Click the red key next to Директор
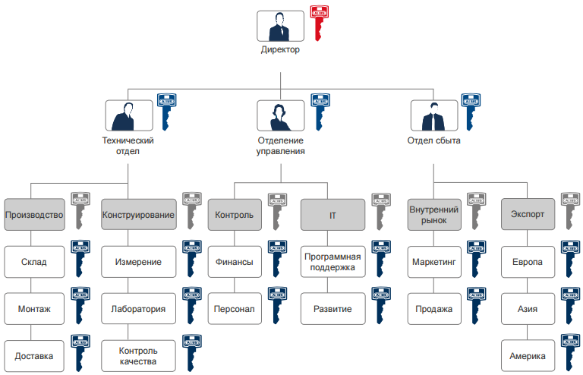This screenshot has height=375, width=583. (320, 23)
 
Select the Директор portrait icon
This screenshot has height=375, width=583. (281, 26)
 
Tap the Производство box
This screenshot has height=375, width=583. (33, 215)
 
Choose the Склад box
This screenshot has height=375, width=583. (33, 262)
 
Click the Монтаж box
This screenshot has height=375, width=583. (33, 309)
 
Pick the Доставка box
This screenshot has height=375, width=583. (33, 355)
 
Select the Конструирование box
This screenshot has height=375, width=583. (139, 215)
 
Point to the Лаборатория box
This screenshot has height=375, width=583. (139, 309)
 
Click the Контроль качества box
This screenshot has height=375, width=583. (139, 355)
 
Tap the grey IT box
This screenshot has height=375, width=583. (332, 215)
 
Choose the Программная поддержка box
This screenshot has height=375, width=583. (332, 262)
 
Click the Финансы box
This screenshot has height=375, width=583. (234, 262)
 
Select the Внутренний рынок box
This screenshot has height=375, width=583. (433, 215)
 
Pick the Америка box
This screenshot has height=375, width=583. (527, 355)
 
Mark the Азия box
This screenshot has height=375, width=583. (527, 309)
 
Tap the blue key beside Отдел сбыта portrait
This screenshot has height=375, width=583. (471, 111)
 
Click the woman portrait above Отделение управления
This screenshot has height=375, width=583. (281, 116)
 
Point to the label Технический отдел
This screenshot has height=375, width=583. (128, 146)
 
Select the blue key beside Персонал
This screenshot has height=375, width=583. (276, 304)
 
